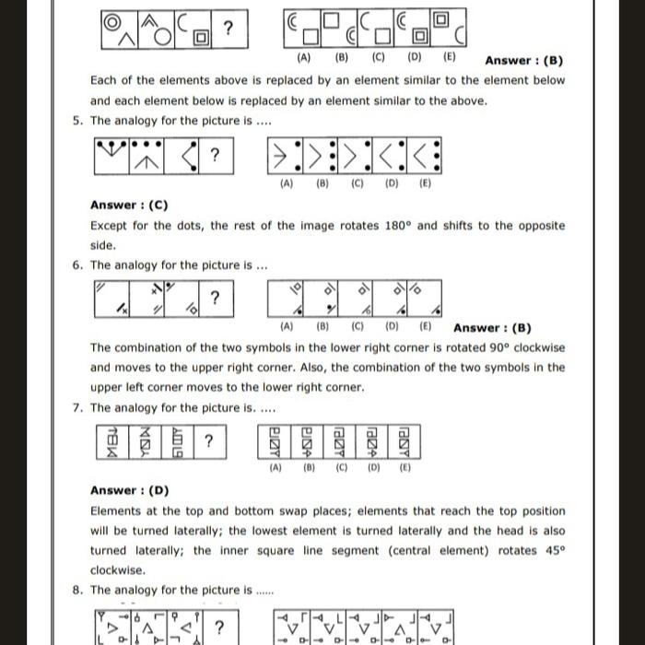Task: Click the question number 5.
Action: click(76, 121)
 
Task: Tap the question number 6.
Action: click(76, 265)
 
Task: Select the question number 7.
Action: click(76, 408)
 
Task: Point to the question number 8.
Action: click(76, 591)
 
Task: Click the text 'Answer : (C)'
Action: click(135, 205)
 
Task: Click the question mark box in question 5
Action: click(214, 154)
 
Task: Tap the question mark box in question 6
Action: click(214, 299)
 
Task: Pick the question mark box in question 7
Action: click(209, 441)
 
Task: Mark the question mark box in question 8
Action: click(218, 627)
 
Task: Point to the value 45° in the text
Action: click(554, 551)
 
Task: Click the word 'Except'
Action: click(111, 226)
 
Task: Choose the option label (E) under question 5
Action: click(425, 183)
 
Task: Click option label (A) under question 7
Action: click(275, 467)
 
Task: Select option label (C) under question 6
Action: click(357, 326)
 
